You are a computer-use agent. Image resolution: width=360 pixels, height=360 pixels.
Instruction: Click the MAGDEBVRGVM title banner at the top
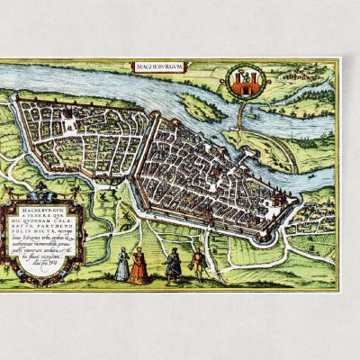click(157, 67)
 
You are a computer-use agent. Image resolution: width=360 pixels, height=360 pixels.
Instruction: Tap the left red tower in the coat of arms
click(238, 82)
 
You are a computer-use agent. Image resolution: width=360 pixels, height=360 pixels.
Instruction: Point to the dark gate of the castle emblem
click(243, 88)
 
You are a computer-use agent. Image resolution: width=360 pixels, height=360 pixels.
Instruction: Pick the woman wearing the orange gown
click(139, 266)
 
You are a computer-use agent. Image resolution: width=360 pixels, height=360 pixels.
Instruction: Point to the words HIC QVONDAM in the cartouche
click(47, 227)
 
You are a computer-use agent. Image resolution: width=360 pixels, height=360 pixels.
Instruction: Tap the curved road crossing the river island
click(270, 144)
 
